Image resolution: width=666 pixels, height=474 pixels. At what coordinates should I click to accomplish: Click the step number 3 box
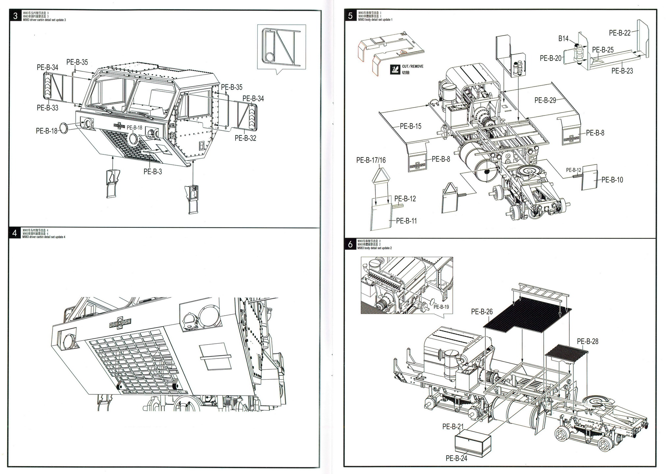pos(15,15)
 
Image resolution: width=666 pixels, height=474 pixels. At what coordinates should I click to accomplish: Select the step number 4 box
pos(15,233)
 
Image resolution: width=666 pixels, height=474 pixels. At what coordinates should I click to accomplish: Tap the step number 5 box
pos(350,15)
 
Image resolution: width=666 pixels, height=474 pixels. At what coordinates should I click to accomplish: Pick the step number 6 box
pos(350,244)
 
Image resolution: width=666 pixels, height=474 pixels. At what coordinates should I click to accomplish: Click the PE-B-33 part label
pos(47,108)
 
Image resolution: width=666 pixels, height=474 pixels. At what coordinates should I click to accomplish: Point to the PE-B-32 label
pos(245,138)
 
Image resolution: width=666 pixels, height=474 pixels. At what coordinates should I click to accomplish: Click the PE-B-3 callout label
pos(153,171)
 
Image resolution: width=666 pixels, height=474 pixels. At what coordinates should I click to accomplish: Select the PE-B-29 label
pos(545,100)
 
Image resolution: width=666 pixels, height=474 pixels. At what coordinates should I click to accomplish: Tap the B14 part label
pos(563,39)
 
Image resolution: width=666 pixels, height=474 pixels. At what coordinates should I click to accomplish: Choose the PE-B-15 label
pos(411,126)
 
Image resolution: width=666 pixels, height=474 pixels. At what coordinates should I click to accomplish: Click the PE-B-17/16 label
pos(371,160)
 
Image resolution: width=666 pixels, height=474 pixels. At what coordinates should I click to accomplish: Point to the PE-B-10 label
pos(612,180)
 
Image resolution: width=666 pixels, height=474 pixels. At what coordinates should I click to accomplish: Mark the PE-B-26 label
pos(482,311)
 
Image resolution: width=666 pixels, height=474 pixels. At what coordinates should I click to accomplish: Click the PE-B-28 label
pos(587,341)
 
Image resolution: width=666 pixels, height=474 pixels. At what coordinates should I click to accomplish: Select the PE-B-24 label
pos(456,458)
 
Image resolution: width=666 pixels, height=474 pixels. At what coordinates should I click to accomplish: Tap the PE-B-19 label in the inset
pos(441,307)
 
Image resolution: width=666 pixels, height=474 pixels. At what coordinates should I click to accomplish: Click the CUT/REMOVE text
pos(413,66)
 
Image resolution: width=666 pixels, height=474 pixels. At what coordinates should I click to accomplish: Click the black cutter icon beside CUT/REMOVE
pos(395,69)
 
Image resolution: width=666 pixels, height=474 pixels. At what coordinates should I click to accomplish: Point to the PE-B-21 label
pos(453,426)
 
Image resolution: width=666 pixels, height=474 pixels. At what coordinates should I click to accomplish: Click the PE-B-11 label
pos(406,221)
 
